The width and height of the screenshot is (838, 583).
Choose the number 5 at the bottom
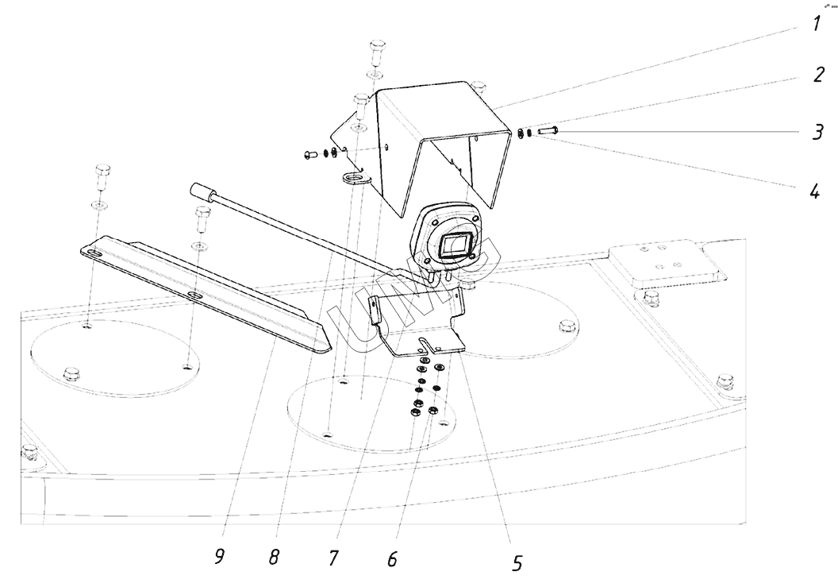pyautogui.click(x=517, y=563)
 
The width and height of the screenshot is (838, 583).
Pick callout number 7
pyautogui.click(x=333, y=558)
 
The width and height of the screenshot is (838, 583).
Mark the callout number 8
pyautogui.click(x=274, y=557)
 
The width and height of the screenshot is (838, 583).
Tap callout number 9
pyautogui.click(x=218, y=556)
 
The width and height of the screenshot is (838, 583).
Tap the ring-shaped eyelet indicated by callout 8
pyautogui.click(x=356, y=178)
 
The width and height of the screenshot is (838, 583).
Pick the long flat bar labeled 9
pyautogui.click(x=206, y=294)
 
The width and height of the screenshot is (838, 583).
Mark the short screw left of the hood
pyautogui.click(x=311, y=153)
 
